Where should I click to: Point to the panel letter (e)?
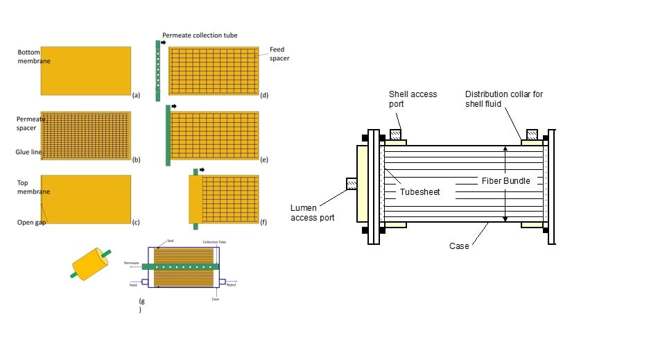pyautogui.click(x=264, y=159)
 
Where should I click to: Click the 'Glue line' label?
pyautogui.click(x=28, y=152)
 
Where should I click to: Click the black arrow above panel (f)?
pyautogui.click(x=202, y=169)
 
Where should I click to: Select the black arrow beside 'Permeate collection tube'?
pyautogui.click(x=164, y=42)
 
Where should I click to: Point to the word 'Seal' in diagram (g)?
pyautogui.click(x=171, y=242)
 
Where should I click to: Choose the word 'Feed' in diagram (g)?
pyautogui.click(x=132, y=284)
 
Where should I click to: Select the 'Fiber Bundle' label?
pyautogui.click(x=505, y=181)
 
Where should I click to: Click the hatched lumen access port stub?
pyautogui.click(x=351, y=183)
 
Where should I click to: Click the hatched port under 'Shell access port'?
pyautogui.click(x=395, y=134)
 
